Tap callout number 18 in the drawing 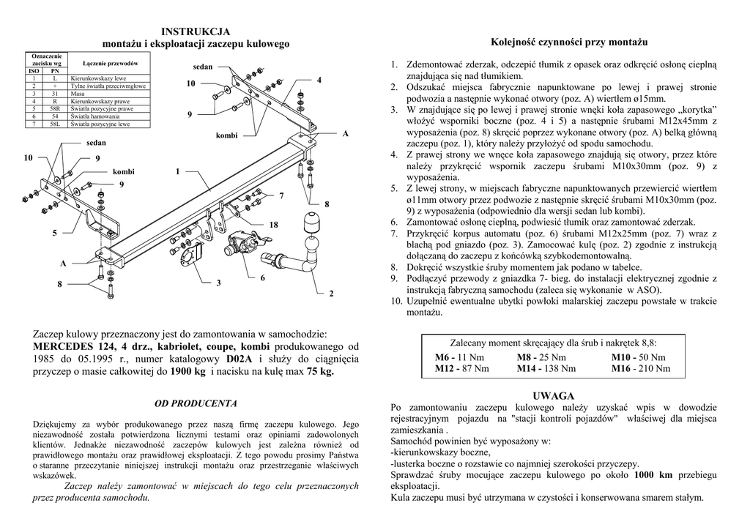pos(273,224)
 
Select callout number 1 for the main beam pos(177,171)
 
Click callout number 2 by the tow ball pos(331,294)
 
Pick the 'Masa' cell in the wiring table pos(78,94)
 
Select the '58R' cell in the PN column pos(55,109)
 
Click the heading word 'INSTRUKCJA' pos(196,31)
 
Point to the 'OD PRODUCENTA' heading pos(196,403)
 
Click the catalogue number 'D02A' pos(238,359)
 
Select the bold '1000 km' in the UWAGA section pos(653,474)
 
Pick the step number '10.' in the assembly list pos(396,301)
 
